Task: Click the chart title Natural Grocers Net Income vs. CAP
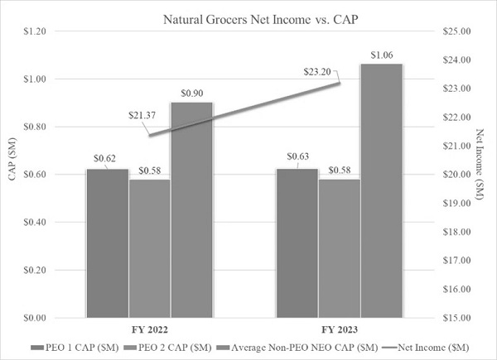[261, 20]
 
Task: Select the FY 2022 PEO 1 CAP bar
[108, 243]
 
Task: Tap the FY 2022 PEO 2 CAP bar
[150, 248]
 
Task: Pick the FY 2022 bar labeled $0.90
[192, 210]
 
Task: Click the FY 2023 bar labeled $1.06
[382, 190]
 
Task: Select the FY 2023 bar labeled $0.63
[297, 243]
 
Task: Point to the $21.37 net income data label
[142, 115]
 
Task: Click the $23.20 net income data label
[317, 72]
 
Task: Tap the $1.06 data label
[382, 55]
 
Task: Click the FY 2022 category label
[150, 330]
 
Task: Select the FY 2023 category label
[340, 330]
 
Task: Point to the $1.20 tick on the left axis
[35, 31]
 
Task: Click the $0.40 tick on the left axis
[35, 222]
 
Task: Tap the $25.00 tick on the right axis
[456, 31]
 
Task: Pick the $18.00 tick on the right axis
[456, 232]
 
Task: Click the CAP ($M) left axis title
[12, 159]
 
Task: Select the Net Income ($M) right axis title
[480, 164]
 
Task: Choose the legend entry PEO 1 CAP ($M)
[75, 348]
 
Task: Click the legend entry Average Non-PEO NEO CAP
[297, 348]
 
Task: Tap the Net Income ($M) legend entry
[426, 348]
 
